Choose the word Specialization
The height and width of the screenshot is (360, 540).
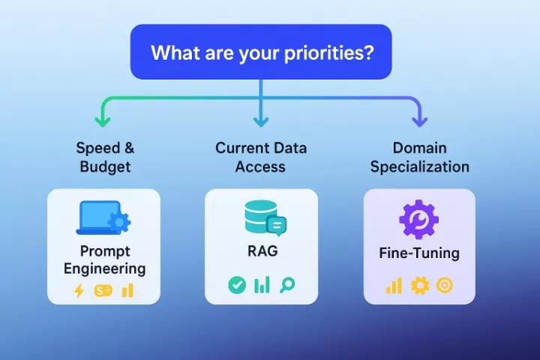[x=419, y=166]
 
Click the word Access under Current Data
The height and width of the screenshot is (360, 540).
[x=260, y=166]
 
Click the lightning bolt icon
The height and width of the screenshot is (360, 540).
[x=79, y=291]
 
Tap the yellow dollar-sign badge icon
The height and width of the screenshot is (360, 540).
[x=103, y=291]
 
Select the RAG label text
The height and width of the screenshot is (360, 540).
[x=261, y=250]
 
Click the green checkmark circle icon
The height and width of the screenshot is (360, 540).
[x=236, y=285]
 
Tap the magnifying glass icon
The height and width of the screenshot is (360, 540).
[x=286, y=285]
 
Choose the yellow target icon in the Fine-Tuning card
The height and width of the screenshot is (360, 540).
[x=445, y=286]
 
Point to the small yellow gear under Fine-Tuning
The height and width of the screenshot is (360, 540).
[x=419, y=286]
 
